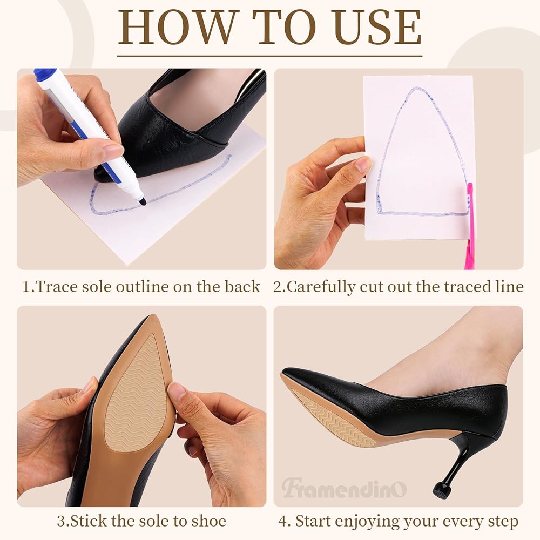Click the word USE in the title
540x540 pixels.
[x=377, y=28]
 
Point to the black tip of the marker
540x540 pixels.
[x=143, y=202]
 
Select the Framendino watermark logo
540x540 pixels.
[x=344, y=488]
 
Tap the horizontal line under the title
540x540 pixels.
[x=269, y=56]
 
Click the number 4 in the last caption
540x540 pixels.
[x=282, y=521]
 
